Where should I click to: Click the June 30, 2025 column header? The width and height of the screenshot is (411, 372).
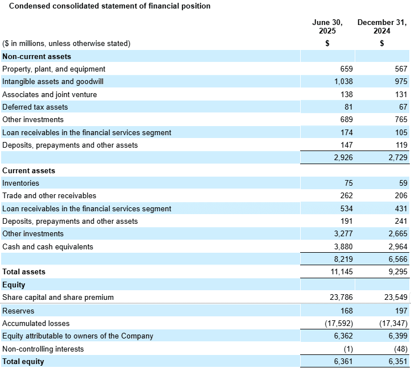[x=327, y=27]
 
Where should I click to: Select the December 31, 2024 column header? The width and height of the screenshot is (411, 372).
[x=382, y=27]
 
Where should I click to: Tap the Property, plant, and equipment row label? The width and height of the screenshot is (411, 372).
[x=54, y=69]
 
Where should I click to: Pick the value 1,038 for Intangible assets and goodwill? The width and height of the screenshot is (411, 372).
[x=343, y=82]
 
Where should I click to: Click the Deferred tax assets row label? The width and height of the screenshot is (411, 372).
[x=35, y=107]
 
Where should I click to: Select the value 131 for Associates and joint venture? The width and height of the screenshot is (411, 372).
[x=401, y=94]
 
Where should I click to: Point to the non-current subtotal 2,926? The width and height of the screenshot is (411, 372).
[x=343, y=157]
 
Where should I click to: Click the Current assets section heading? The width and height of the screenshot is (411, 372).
[x=28, y=171]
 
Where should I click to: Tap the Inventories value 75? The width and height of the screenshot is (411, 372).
[x=348, y=183]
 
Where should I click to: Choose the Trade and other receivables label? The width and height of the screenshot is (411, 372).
[x=49, y=196]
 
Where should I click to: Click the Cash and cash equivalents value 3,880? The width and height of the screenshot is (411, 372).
[x=343, y=246]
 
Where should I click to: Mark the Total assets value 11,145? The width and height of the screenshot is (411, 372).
[x=342, y=271]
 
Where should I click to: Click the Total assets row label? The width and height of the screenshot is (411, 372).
[x=24, y=271]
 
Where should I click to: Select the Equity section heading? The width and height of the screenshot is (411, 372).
[x=14, y=285]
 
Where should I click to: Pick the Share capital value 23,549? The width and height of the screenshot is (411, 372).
[x=396, y=298]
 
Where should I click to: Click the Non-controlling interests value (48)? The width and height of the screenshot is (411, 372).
[x=401, y=349]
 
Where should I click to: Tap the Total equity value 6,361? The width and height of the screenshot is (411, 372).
[x=343, y=362]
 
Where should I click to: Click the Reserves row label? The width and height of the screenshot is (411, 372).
[x=18, y=311]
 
